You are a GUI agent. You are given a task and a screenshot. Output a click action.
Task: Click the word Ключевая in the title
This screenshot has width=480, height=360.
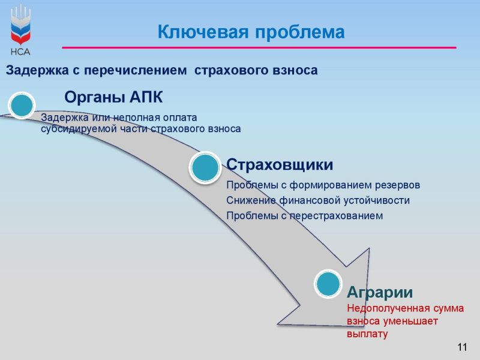(203, 32)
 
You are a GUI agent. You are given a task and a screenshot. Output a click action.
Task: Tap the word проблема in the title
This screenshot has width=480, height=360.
(299, 32)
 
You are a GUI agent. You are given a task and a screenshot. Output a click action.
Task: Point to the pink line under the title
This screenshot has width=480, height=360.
(259, 47)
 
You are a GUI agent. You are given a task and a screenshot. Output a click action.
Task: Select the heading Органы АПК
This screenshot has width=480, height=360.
(113, 97)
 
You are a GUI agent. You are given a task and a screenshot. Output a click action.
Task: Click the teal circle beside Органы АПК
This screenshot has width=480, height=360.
(22, 106)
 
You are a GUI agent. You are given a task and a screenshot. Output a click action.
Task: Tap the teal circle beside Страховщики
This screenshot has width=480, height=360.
(205, 167)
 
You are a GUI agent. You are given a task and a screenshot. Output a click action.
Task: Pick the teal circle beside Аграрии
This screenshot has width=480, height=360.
(328, 284)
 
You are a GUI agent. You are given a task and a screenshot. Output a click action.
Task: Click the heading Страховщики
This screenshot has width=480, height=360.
(280, 164)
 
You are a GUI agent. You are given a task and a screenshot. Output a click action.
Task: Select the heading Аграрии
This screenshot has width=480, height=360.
(380, 292)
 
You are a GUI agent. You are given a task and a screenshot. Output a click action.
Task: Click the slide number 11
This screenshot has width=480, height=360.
(462, 347)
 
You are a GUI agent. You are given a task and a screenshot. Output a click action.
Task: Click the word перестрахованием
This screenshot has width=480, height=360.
(336, 216)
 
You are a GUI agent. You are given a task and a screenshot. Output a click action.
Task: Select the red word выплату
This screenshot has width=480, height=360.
(367, 334)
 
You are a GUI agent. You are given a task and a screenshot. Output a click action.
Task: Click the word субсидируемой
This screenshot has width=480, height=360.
(79, 129)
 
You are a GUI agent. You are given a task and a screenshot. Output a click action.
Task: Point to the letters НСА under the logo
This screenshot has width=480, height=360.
(20, 52)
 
